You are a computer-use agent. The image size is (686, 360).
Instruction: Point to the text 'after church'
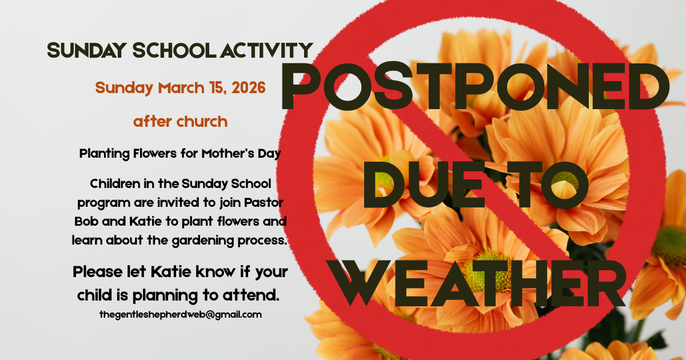[180, 122]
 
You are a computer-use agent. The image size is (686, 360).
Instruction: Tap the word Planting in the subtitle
[102, 154]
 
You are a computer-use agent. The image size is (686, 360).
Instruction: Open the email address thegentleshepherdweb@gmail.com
[180, 314]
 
